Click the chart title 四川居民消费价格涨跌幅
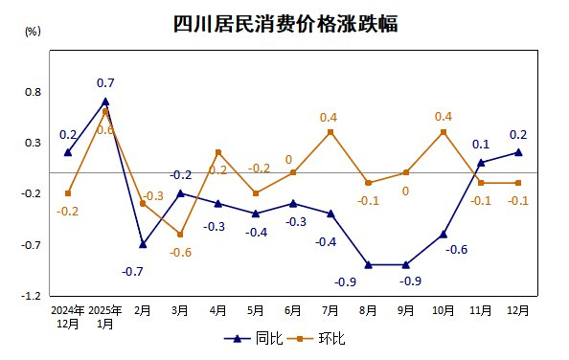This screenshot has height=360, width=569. coord(284,24)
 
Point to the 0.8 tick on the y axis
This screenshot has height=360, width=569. coord(33,92)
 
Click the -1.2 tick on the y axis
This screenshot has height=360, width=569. coord(32,296)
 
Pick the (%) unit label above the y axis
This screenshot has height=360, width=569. coord(33,31)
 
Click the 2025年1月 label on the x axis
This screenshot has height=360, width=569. coord(104,317)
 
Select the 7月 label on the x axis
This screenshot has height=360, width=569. coord(330,311)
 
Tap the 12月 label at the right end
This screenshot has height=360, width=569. coord(518,311)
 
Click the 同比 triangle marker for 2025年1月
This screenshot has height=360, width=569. coord(105,101)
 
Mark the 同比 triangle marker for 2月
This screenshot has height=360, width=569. coord(143,244)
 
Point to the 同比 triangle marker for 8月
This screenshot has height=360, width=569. coord(368,264)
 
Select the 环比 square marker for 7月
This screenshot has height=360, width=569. coord(330,132)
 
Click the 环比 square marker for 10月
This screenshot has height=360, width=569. coord(444,132)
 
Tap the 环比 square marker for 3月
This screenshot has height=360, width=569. coord(180,234)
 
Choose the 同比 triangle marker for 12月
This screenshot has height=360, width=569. coord(518,152)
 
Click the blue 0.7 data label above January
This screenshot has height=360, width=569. coord(105,83)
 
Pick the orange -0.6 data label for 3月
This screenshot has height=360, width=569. coord(181,252)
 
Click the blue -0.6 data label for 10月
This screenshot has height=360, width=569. coord(456,250)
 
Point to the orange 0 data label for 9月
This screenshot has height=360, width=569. coord(405,191)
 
